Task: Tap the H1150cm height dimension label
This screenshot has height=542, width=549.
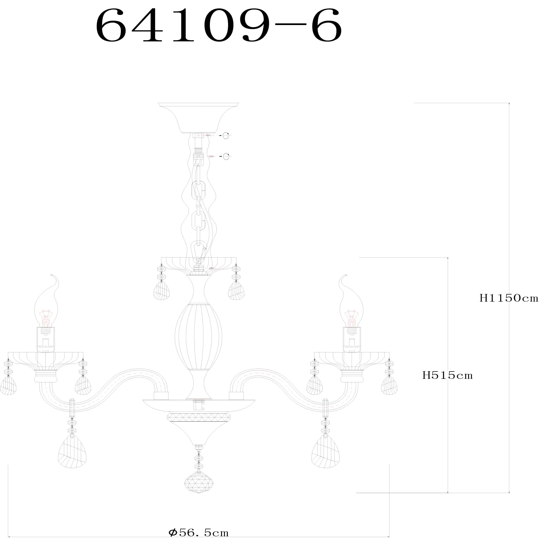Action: (x=509, y=298)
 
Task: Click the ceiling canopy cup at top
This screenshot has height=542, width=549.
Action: (x=198, y=117)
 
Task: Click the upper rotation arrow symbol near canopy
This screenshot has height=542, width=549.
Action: (x=226, y=136)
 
